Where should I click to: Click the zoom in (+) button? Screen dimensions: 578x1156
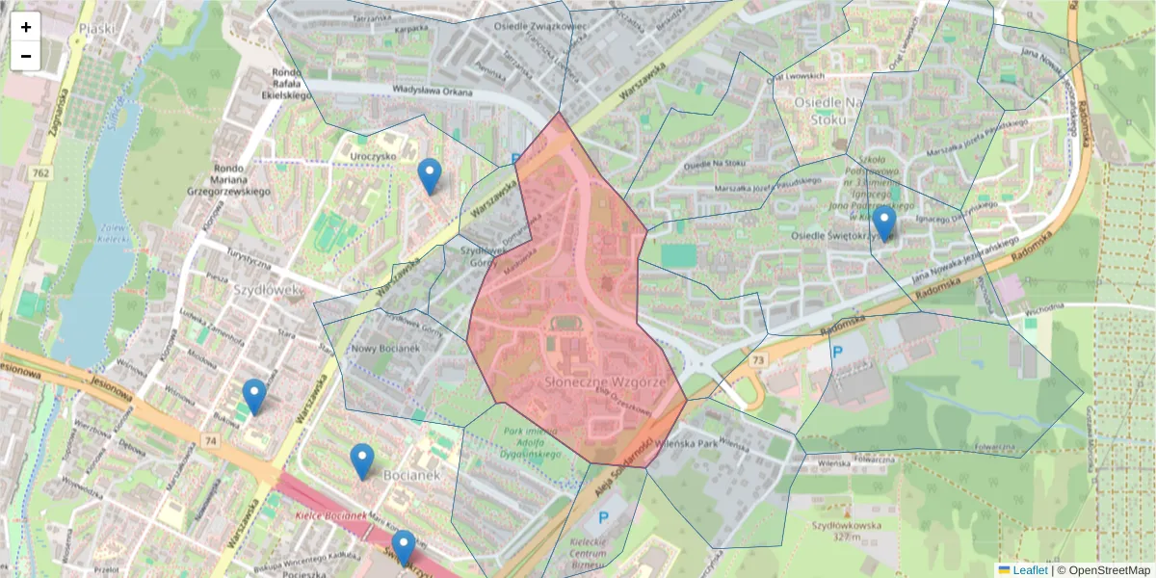click(26, 27)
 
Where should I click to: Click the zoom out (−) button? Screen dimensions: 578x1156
click(26, 56)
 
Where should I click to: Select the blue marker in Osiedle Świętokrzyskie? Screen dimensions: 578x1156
click(883, 223)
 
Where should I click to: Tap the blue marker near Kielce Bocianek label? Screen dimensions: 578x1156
click(404, 547)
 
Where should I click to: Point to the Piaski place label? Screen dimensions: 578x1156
click(98, 29)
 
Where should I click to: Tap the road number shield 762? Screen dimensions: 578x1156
click(40, 173)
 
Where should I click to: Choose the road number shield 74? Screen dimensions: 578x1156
click(209, 439)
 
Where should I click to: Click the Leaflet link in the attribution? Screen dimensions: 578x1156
click(1029, 570)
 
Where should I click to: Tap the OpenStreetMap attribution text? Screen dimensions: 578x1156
click(1104, 570)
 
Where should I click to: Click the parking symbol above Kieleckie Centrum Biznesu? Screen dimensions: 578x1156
click(604, 518)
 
